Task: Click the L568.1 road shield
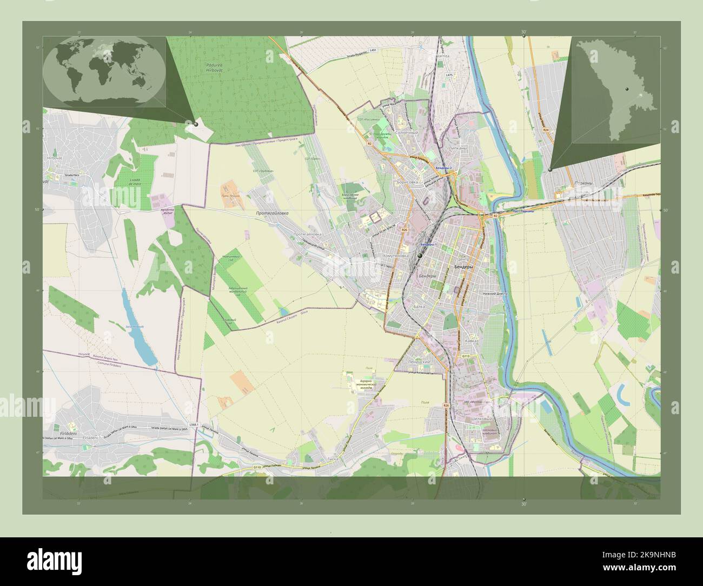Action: pos(194,425)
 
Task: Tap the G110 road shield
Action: pos(257,467)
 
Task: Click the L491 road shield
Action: pos(373,50)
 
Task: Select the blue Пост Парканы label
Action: pos(523,211)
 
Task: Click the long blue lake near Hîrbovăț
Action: pos(137,330)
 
